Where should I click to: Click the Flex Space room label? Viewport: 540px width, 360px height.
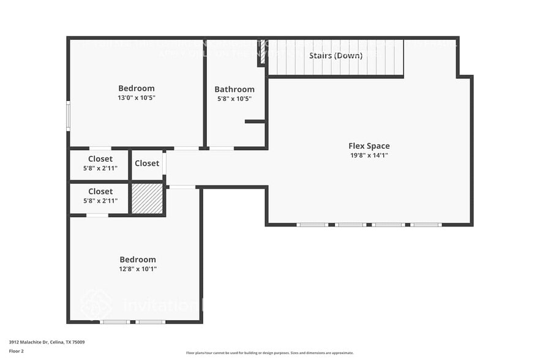[x=369, y=146]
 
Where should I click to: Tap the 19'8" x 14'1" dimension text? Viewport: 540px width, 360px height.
[x=369, y=156]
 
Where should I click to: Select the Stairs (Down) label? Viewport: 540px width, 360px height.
[x=335, y=56]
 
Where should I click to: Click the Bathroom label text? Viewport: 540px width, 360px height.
[x=234, y=89]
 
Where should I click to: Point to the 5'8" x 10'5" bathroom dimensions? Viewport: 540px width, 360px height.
[x=234, y=99]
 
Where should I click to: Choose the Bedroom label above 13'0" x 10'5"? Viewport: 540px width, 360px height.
[x=137, y=88]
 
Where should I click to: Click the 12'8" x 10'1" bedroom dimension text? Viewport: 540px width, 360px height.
[x=137, y=269]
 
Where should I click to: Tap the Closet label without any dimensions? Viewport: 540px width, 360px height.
[x=147, y=163]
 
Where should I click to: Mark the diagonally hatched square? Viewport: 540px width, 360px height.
[x=148, y=199]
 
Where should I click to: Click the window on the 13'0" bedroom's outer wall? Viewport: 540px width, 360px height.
[x=69, y=116]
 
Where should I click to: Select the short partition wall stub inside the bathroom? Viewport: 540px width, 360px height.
[x=255, y=121]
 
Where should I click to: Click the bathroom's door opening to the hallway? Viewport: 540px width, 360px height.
[x=221, y=148]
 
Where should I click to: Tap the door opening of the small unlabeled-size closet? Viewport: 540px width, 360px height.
[x=164, y=163]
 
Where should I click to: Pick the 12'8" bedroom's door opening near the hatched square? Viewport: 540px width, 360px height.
[x=182, y=187]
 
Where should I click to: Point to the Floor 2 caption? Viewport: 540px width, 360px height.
[x=17, y=351]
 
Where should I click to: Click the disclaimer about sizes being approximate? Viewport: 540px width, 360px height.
[x=270, y=353]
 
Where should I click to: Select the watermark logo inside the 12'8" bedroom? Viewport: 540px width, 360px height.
[x=96, y=304]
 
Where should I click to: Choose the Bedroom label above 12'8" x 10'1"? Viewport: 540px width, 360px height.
[x=137, y=260]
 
